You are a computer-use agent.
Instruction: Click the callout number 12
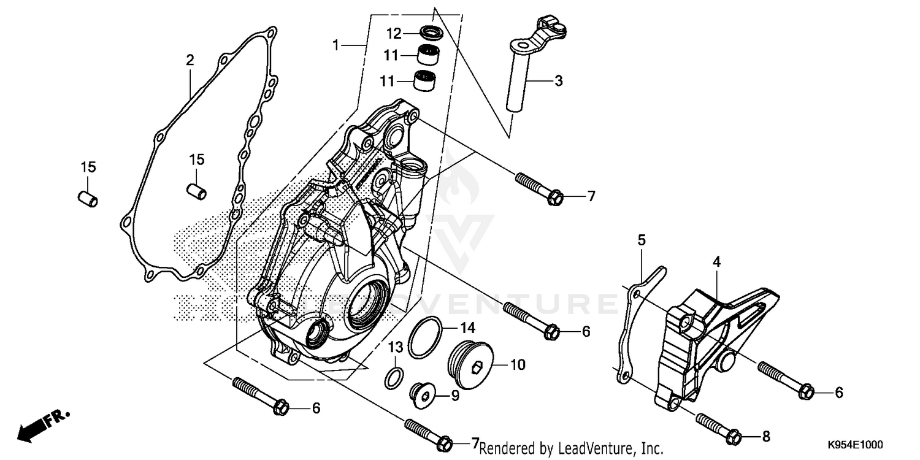click(394, 32)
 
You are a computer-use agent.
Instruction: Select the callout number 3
click(558, 80)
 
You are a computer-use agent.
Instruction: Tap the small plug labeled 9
click(424, 396)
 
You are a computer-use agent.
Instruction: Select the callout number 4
click(716, 262)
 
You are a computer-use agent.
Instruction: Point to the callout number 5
click(642, 240)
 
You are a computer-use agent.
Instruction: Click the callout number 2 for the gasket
click(190, 60)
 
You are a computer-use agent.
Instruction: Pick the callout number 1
click(335, 44)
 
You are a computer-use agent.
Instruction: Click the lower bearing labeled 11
click(421, 80)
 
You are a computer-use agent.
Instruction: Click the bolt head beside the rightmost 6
click(808, 391)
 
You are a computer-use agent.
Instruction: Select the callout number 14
click(468, 329)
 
